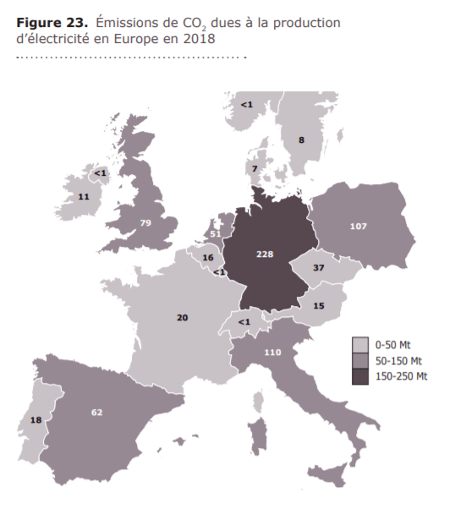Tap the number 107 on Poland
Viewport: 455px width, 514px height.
(x=358, y=227)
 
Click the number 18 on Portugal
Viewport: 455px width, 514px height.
(x=36, y=420)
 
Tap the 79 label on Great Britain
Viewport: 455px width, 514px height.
(x=145, y=223)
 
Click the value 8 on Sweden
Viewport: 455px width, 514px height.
(x=301, y=139)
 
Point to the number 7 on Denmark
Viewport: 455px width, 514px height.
(x=255, y=170)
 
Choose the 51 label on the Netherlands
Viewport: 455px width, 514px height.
(x=216, y=234)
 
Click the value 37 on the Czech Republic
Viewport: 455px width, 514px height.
(x=319, y=267)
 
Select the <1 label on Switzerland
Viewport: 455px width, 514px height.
(x=244, y=322)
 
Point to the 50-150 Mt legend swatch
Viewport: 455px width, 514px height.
(x=360, y=360)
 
